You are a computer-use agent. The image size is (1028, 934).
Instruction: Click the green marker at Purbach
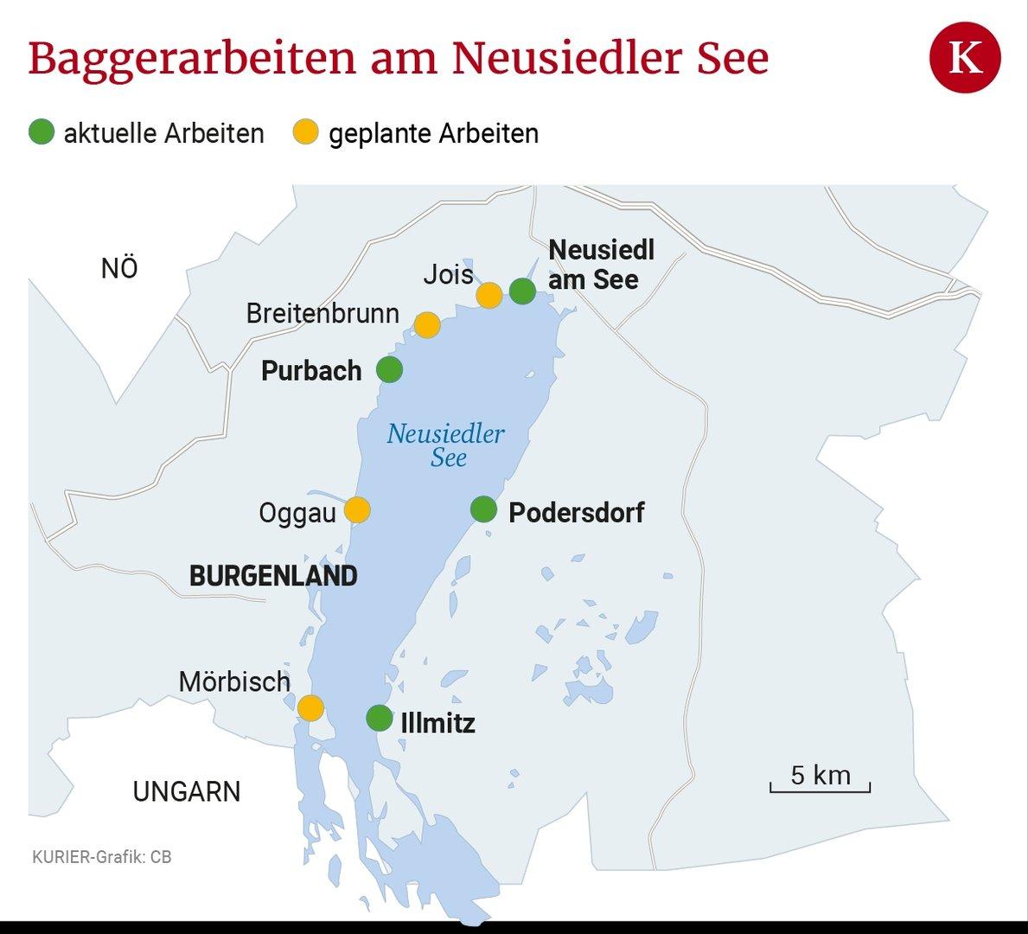pos(390,370)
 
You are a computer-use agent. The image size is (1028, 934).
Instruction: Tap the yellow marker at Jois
pos(489,295)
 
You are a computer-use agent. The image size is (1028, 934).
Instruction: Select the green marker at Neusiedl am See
pos(522,291)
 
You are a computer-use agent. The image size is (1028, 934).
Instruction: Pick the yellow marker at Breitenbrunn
pos(427,325)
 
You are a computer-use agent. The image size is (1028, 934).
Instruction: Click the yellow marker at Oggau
pos(357,510)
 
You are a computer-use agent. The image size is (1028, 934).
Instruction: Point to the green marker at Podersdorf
pos(483,509)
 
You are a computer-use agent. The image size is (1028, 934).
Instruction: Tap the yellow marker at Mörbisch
pos(310,708)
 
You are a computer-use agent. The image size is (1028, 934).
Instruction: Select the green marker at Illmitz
pos(379,718)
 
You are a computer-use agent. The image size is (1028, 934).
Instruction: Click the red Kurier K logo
pos(965,59)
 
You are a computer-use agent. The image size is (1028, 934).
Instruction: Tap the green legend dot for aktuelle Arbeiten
pos(42,133)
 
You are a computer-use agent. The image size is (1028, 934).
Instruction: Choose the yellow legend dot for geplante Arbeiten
pos(305,133)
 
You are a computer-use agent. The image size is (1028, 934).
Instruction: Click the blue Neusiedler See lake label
pos(446,445)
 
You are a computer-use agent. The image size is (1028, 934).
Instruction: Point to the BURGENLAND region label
pos(273,576)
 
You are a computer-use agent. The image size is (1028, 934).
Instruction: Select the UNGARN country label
pos(187,791)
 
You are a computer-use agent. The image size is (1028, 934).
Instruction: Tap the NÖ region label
pos(119,269)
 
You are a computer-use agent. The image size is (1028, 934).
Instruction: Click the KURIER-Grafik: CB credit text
pos(101,857)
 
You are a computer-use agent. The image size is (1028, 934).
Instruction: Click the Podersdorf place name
pos(577,512)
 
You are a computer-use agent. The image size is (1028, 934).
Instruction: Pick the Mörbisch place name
pos(234,681)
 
